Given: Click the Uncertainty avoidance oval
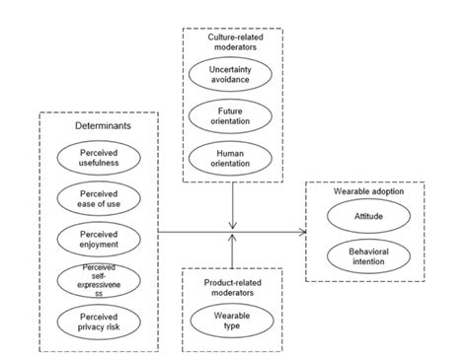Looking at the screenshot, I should tap(230, 76).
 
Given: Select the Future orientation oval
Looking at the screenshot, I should tap(230, 116).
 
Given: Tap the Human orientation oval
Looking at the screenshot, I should tap(230, 158).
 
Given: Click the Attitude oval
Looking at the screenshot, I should tap(367, 214).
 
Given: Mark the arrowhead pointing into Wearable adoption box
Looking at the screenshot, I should tap(301, 231).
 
